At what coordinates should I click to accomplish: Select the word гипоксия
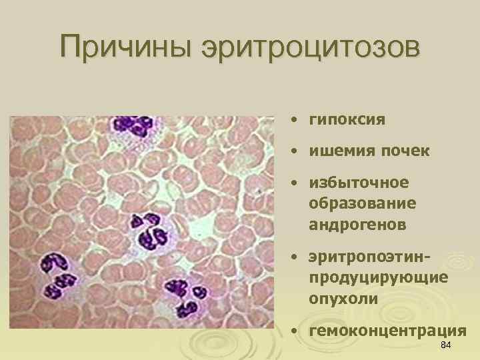click(347, 120)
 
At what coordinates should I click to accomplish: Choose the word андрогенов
click(357, 225)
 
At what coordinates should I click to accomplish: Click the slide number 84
click(447, 345)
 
